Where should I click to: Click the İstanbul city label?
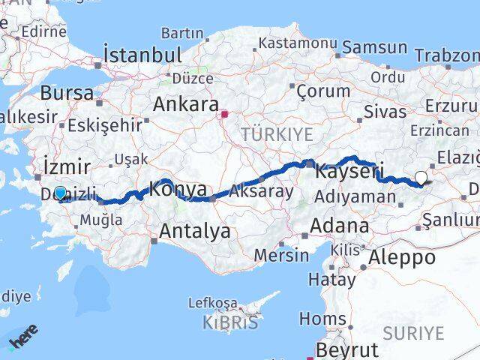click(143, 55)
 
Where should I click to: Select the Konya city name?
click(178, 190)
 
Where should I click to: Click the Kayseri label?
click(349, 171)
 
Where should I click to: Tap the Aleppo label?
click(402, 257)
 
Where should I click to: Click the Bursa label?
click(67, 93)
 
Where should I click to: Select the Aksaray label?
click(262, 191)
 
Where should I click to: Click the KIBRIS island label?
click(229, 323)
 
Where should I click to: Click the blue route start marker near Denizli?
click(60, 193)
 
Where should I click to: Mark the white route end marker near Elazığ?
click(421, 178)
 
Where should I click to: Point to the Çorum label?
click(323, 91)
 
